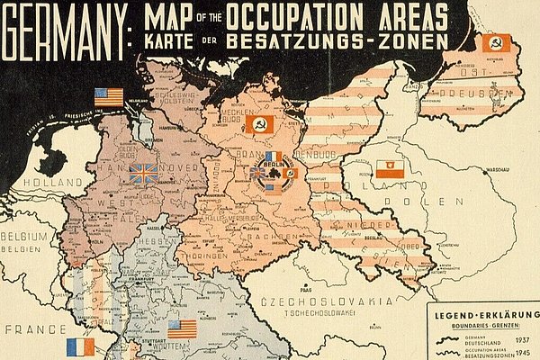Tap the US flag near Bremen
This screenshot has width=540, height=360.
coord(109,96)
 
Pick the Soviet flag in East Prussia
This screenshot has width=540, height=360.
coord(497,42)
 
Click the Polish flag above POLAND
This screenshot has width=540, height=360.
coord(390,168)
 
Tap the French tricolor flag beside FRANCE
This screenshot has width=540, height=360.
coord(80,347)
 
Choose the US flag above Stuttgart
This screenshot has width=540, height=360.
coord(182,329)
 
